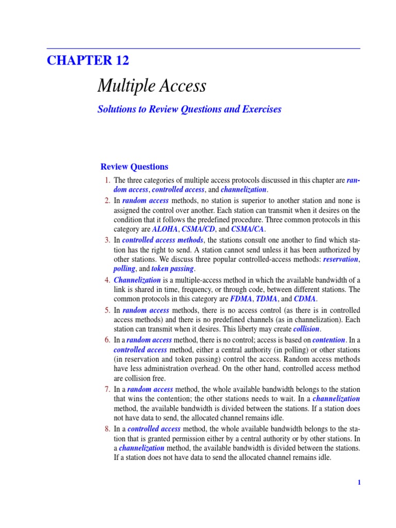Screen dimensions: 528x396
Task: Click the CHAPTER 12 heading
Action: tap(88, 60)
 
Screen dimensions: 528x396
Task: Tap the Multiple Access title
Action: tap(152, 86)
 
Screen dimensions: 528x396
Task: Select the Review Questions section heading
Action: tap(134, 167)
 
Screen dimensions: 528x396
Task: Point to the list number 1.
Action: tap(107, 180)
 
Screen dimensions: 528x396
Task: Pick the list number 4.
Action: tap(107, 280)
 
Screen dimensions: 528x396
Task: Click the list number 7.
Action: tap(107, 389)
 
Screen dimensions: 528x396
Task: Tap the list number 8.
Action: tap(107, 429)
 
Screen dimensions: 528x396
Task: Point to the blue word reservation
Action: tap(340, 259)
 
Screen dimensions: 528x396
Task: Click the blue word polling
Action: tap(124, 269)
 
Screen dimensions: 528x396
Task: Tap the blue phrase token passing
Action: tap(172, 269)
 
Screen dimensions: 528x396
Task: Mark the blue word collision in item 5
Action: tap(306, 329)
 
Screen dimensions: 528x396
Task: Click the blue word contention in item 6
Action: tap(328, 340)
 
